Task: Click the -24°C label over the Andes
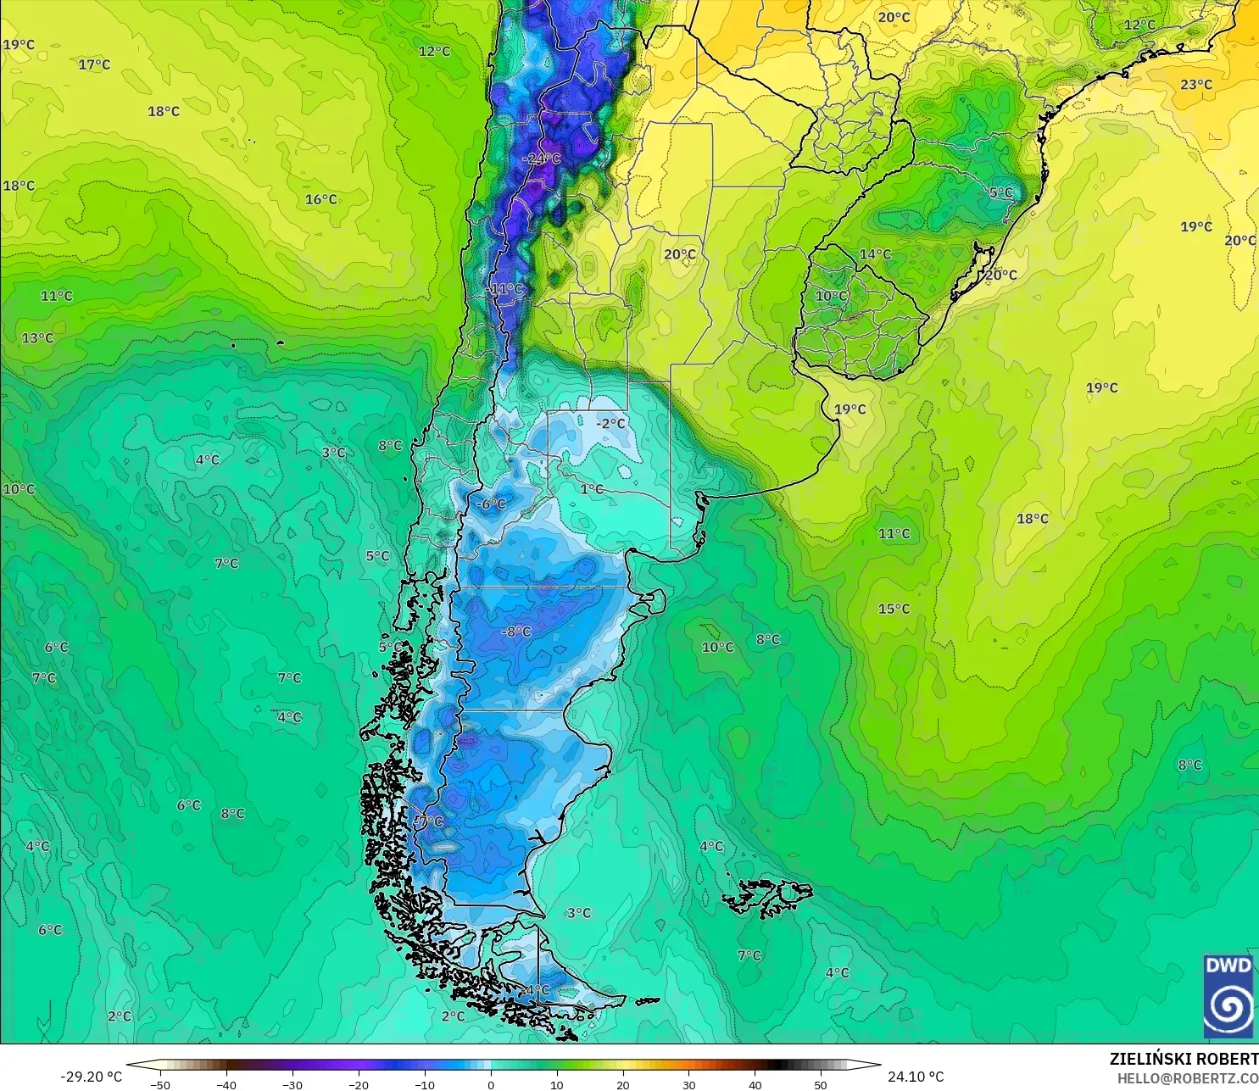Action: [542, 159]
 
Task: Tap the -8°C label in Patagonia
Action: [515, 632]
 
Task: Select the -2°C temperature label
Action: [610, 423]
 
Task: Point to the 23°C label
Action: [1196, 85]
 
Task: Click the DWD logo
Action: [1228, 996]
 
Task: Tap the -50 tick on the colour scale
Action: [160, 1084]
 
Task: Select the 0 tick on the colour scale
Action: [491, 1084]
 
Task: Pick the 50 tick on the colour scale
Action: [821, 1084]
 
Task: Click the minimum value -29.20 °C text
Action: [91, 1077]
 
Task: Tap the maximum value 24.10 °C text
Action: [916, 1077]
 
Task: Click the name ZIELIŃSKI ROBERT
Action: [1184, 1059]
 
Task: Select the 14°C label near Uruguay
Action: [875, 254]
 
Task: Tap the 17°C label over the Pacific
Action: [94, 64]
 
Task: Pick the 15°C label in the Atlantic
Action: [894, 609]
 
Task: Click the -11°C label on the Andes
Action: [506, 289]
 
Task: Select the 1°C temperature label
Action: [592, 489]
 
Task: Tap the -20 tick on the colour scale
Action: [359, 1084]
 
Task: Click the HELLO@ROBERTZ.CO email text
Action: [1187, 1078]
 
